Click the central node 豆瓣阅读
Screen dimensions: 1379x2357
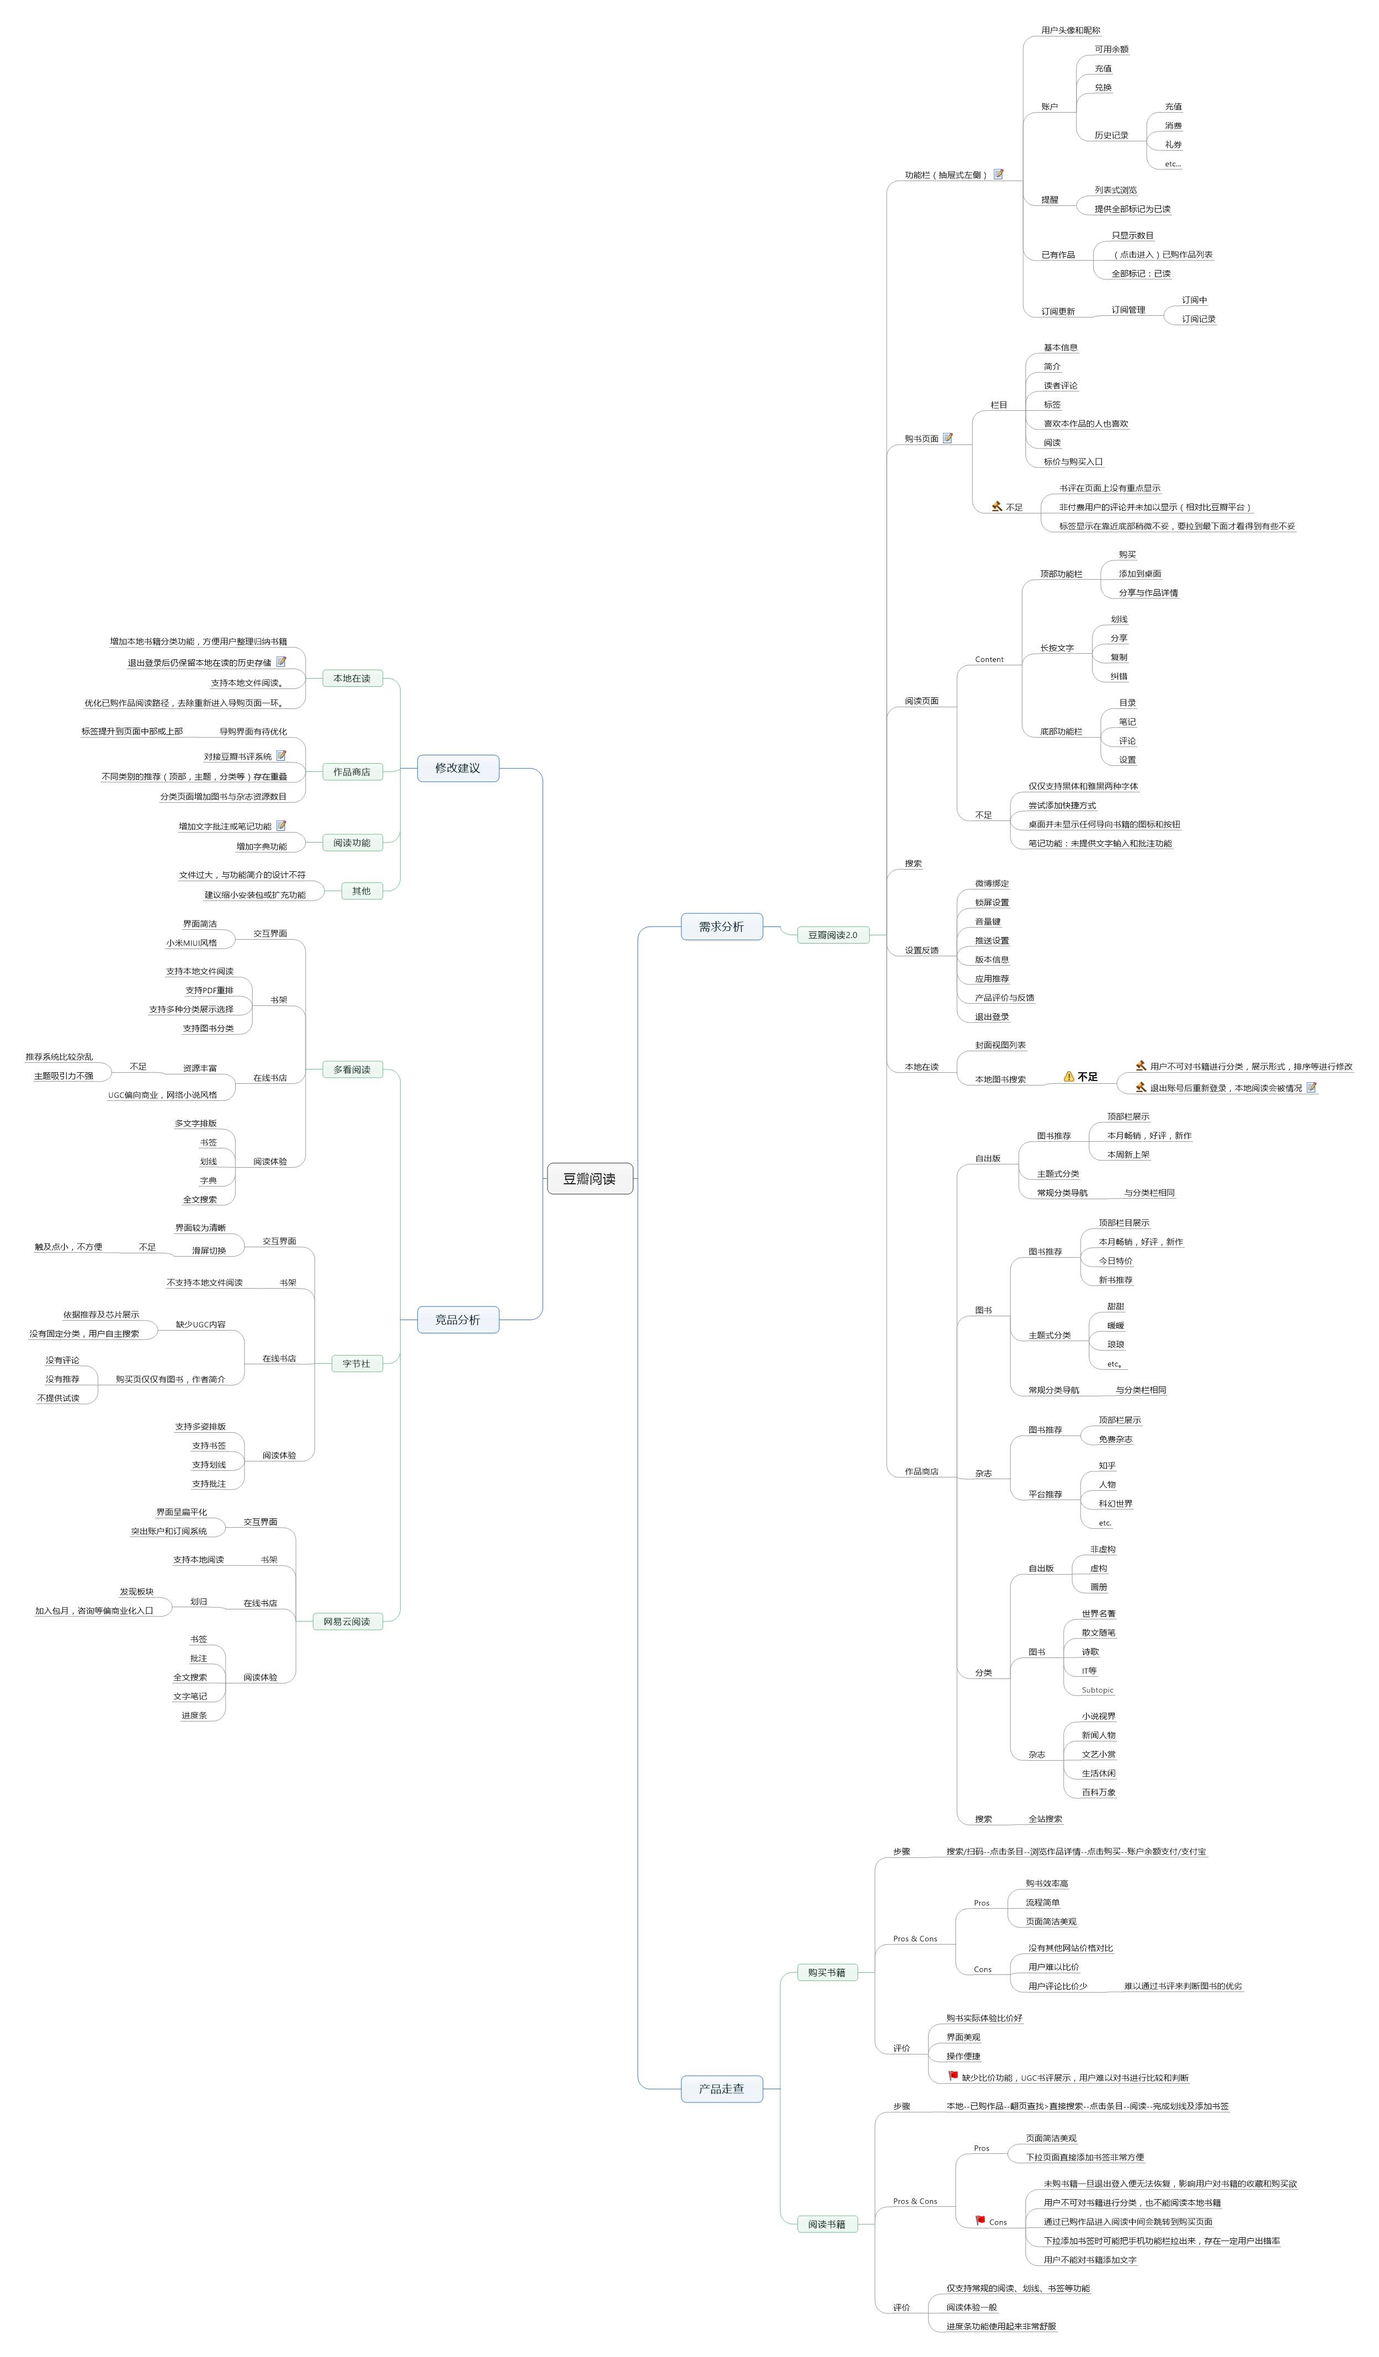[x=589, y=1178]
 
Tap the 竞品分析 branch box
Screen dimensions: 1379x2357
[x=457, y=1320]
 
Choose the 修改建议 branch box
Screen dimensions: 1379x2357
[x=457, y=768]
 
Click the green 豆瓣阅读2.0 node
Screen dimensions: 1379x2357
[x=832, y=934]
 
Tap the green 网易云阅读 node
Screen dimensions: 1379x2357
[x=347, y=1621]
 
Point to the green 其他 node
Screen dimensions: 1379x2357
[x=361, y=891]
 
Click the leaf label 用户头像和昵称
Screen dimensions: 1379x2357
[x=1071, y=30]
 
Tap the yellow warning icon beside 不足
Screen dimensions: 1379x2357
[x=1069, y=1077]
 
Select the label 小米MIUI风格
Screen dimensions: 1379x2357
[x=191, y=943]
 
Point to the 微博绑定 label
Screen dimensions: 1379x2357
[x=992, y=883]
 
